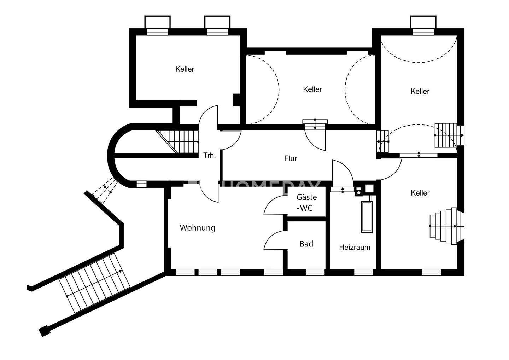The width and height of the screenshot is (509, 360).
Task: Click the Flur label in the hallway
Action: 291,159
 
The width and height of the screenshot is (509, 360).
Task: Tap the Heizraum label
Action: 355,247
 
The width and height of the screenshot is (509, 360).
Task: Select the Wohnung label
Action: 197,228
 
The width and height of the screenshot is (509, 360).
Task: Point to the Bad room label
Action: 306,244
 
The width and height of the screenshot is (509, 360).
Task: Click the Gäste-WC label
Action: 306,203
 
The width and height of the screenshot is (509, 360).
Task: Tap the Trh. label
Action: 209,155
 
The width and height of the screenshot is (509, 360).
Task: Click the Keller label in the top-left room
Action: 185,69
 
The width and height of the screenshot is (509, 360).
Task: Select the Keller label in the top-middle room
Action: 312,89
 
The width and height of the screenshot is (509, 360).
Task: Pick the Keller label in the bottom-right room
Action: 420,193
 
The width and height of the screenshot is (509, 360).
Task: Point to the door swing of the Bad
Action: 274,240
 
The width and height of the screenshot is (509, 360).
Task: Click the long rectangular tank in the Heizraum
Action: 367,217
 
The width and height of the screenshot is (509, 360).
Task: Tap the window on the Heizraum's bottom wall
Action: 363,272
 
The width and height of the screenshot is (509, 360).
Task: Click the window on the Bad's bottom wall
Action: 315,272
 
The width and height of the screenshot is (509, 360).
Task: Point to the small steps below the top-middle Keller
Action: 315,124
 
